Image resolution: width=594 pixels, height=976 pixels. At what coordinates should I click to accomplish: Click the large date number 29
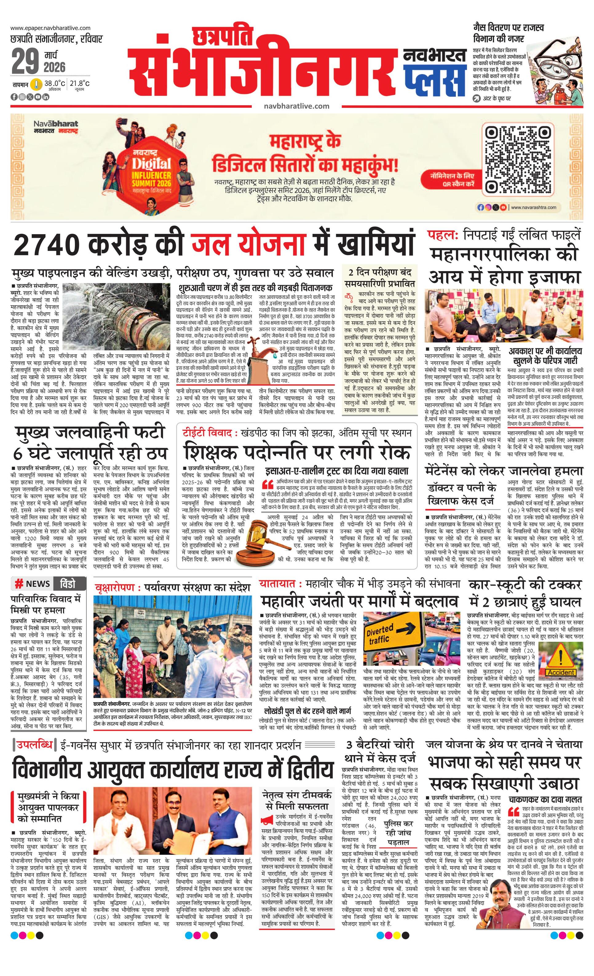[25, 62]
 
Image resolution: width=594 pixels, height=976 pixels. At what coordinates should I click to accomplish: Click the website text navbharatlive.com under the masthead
[296, 106]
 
